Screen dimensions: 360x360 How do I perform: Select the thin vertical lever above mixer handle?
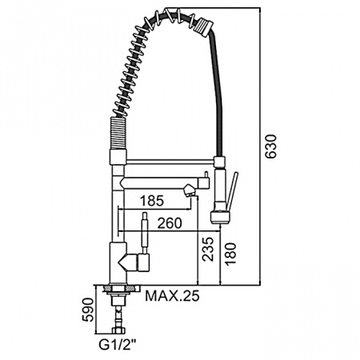[144, 232]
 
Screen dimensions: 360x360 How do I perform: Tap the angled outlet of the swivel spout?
[189, 190]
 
